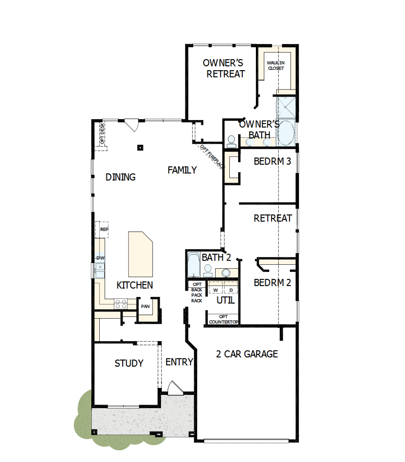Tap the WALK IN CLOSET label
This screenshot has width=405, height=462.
[x=276, y=66]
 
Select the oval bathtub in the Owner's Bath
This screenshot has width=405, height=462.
[x=287, y=131]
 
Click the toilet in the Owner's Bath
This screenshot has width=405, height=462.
[x=231, y=141]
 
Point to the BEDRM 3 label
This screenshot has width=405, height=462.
[x=272, y=162]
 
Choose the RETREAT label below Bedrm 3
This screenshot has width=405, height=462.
[x=273, y=218]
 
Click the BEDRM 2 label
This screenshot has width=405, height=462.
[x=272, y=282]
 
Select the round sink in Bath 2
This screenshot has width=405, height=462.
[x=227, y=272]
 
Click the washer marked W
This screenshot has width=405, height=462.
[x=216, y=290]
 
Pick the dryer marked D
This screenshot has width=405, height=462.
[x=231, y=290]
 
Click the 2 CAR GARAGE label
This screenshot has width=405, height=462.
[x=247, y=354]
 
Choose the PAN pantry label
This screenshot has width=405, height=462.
[x=145, y=306]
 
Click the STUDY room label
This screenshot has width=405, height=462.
[x=129, y=363]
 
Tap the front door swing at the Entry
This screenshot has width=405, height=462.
[x=174, y=388]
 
